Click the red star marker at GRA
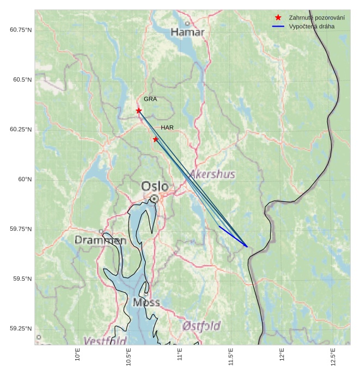pyautogui.click(x=139, y=110)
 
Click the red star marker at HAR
pyautogui.click(x=155, y=139)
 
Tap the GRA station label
pyautogui.click(x=150, y=99)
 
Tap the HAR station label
pyautogui.click(x=167, y=127)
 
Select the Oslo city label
pyautogui.click(x=155, y=187)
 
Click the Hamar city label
pyautogui.click(x=187, y=33)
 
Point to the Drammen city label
pyautogui.click(x=101, y=240)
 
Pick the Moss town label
pyautogui.click(x=146, y=303)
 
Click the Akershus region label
pyautogui.click(x=212, y=174)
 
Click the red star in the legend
pyautogui.click(x=278, y=18)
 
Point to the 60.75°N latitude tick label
pyautogui.click(x=21, y=29)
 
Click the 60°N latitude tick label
pyautogui.click(x=25, y=179)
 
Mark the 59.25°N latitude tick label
pyautogui.click(x=21, y=329)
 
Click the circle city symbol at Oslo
pyautogui.click(x=155, y=199)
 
